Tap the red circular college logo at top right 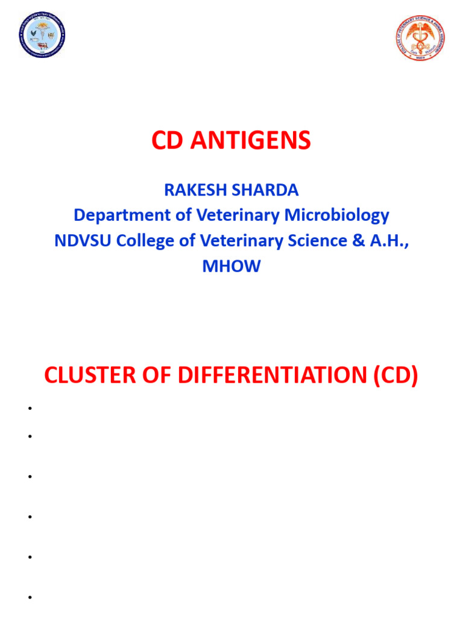click(x=420, y=37)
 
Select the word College click(x=146, y=240)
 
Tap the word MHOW click(x=231, y=266)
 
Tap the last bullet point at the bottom click(x=28, y=597)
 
